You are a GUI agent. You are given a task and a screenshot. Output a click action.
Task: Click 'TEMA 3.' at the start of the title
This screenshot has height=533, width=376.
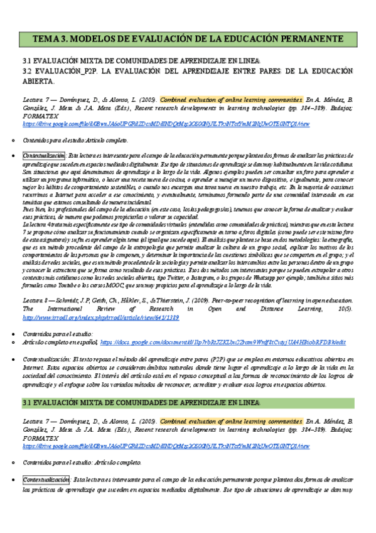tap(48, 38)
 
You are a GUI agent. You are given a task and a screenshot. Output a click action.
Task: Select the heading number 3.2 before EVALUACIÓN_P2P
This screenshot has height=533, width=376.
tap(28, 71)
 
